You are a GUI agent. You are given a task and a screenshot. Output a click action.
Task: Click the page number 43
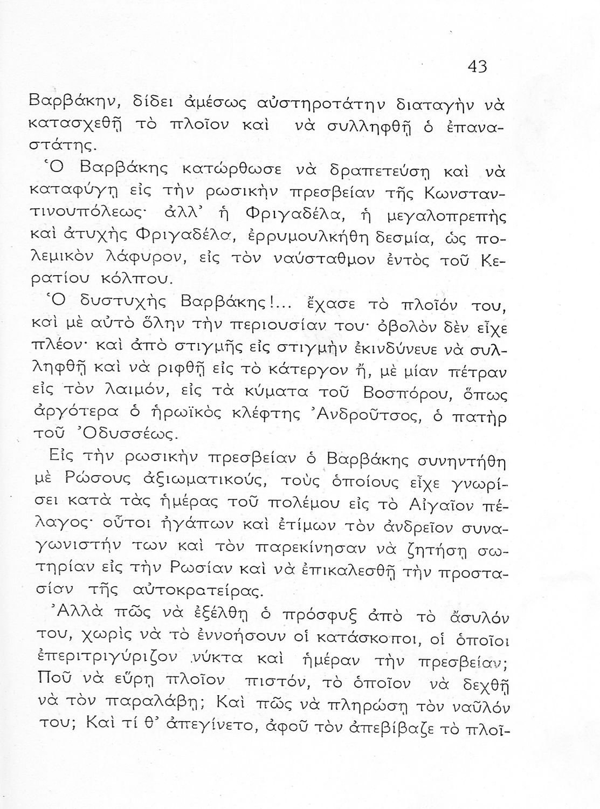477,66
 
